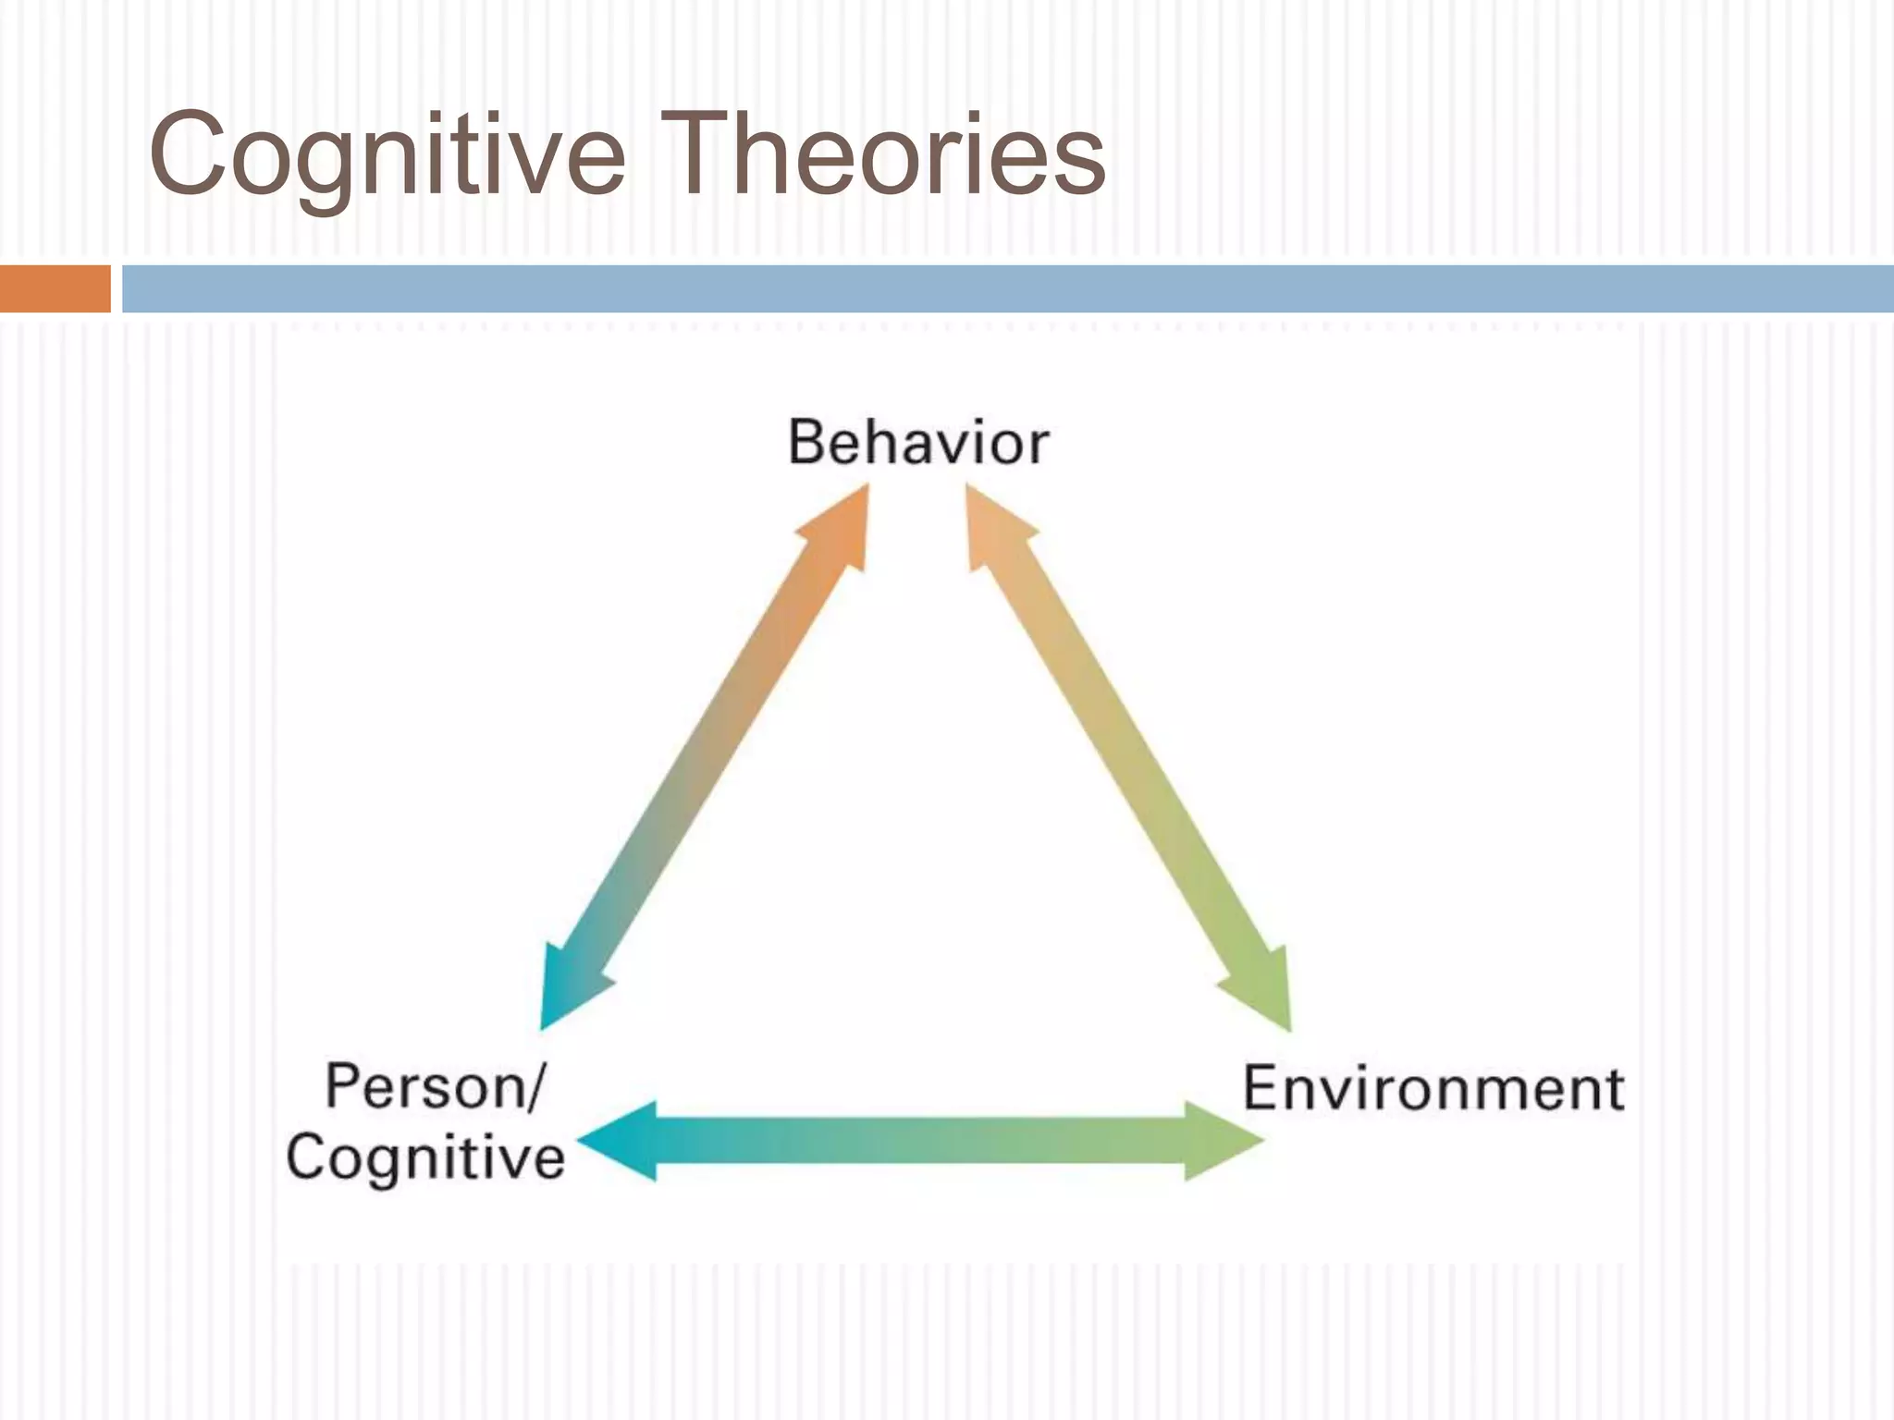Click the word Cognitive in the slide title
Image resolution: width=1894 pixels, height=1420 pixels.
(387, 155)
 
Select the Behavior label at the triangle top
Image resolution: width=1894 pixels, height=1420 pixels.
(918, 443)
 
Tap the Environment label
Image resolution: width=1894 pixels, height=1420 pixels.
(1433, 1088)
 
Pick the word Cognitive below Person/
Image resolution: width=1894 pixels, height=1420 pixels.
(425, 1157)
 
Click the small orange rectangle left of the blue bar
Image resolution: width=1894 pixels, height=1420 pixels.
(55, 288)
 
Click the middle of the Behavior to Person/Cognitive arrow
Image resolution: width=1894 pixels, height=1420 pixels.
(705, 758)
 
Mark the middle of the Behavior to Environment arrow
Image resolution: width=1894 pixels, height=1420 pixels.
(1128, 758)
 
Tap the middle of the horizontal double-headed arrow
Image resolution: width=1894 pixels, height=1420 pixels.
(920, 1141)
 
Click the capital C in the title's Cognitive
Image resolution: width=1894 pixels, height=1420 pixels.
(191, 153)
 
